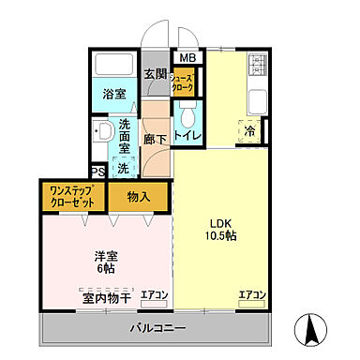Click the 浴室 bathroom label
pyautogui.click(x=115, y=93)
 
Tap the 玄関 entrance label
pyautogui.click(x=154, y=73)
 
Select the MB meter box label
pyautogui.click(x=187, y=58)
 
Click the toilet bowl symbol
pyautogui.click(x=187, y=115)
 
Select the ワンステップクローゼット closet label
pyautogui.click(x=71, y=197)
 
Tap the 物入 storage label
pyautogui.click(x=140, y=197)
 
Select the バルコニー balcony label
pyautogui.click(x=157, y=328)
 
